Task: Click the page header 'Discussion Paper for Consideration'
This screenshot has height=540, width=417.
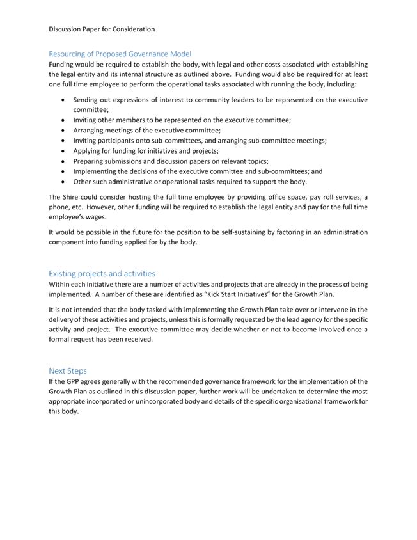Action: [x=102, y=29]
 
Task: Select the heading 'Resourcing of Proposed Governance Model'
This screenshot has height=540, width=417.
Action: [x=120, y=54]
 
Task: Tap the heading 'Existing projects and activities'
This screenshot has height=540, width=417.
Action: [x=102, y=273]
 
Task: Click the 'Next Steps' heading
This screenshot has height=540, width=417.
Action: [x=68, y=370]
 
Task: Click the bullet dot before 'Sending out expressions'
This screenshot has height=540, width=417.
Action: [x=62, y=100]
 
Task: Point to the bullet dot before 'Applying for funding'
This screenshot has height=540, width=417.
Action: [x=62, y=151]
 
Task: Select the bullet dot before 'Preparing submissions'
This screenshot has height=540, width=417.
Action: [x=62, y=161]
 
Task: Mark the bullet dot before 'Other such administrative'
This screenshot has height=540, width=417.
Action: [x=62, y=182]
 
